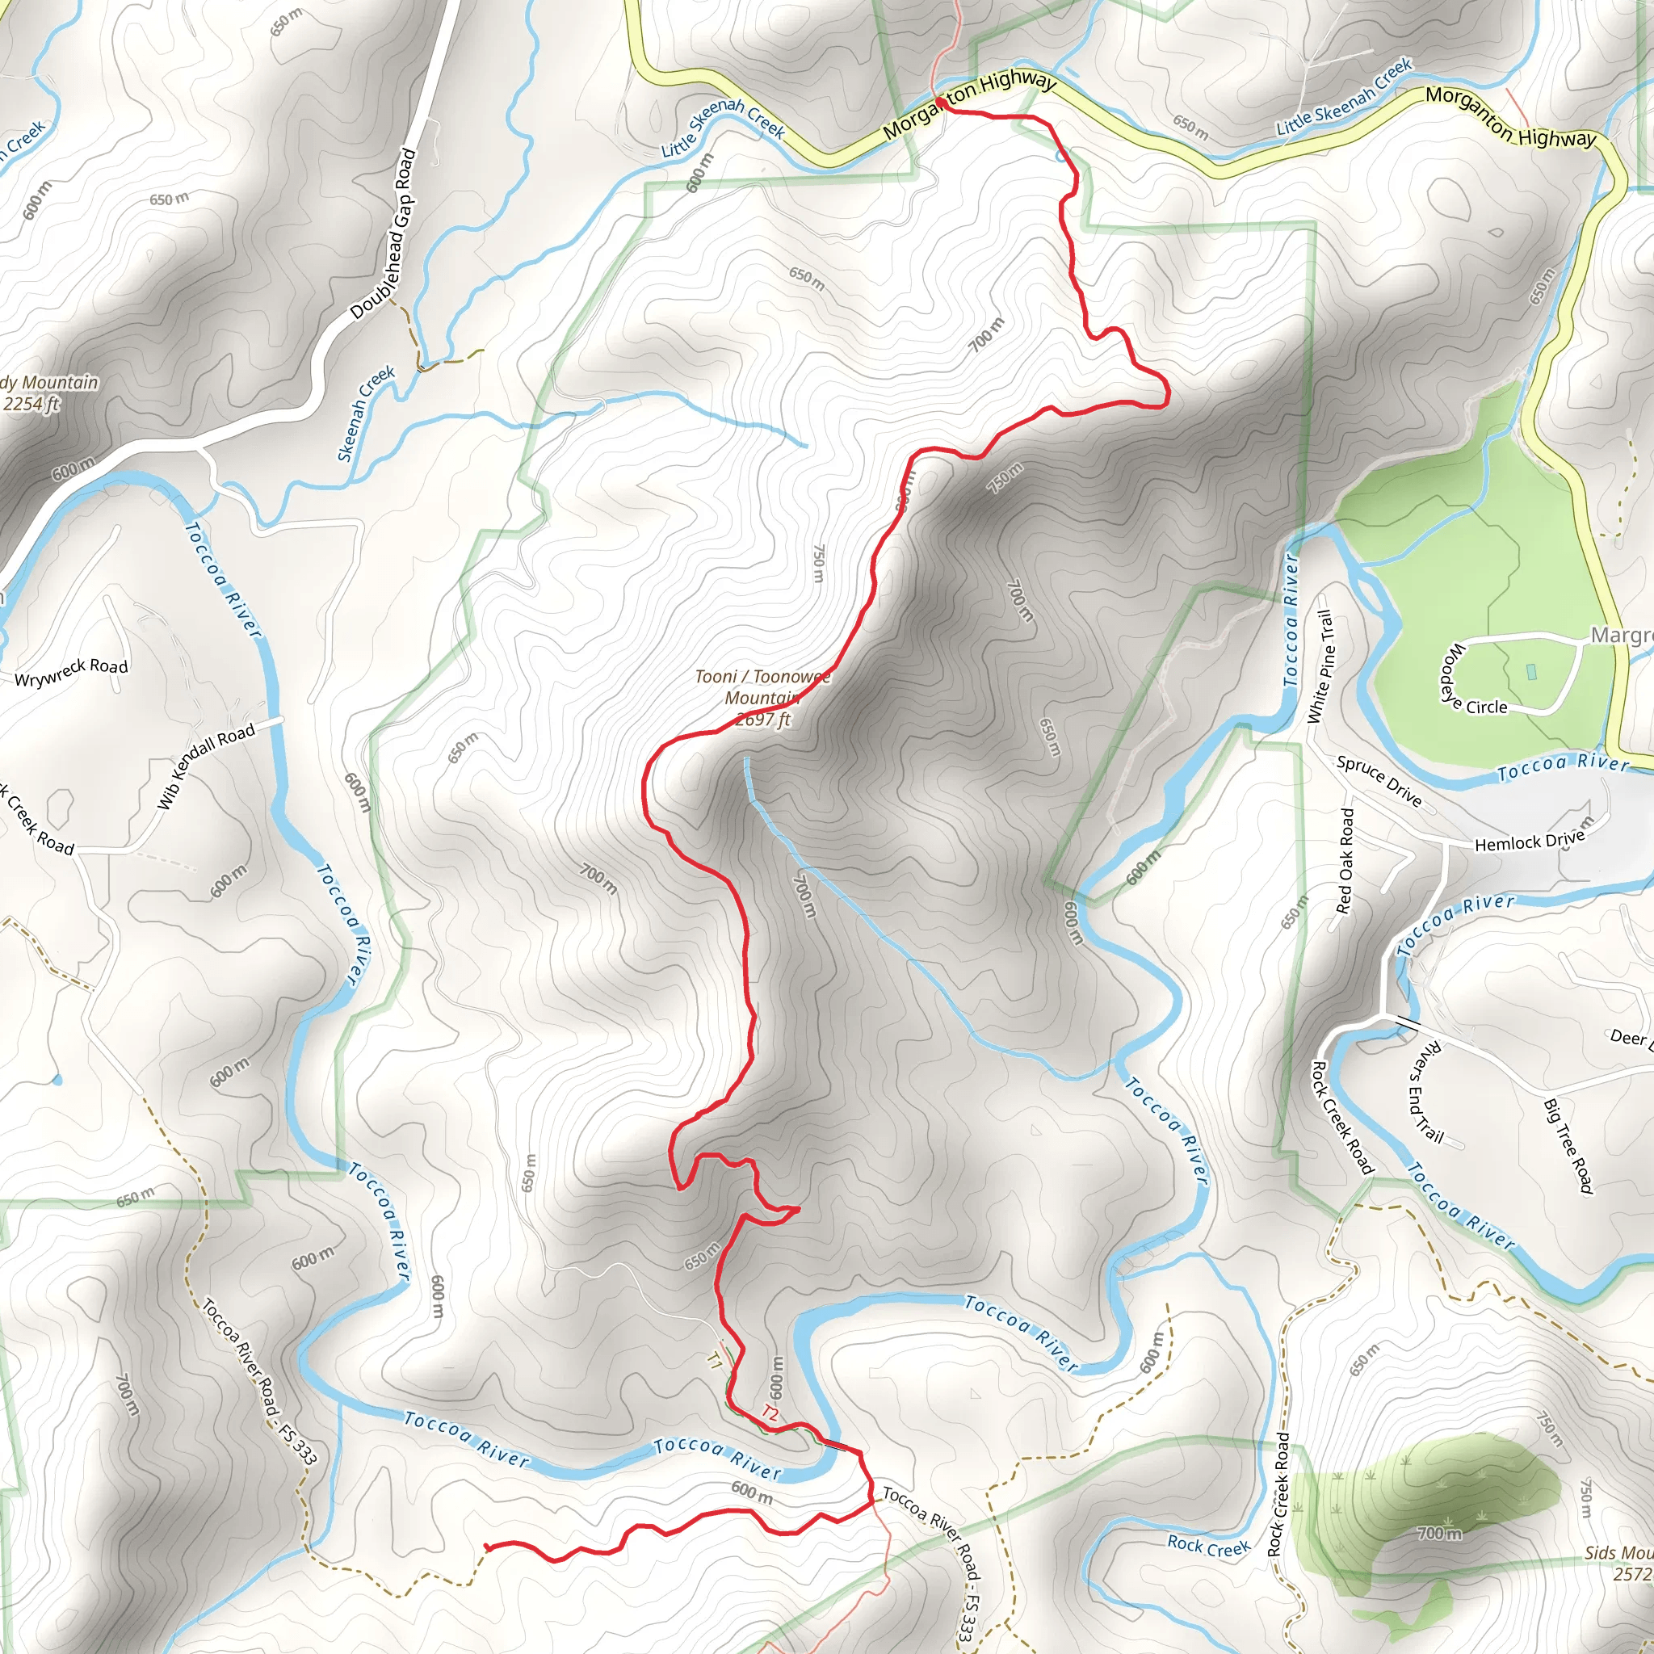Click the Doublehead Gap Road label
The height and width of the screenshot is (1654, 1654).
(384, 233)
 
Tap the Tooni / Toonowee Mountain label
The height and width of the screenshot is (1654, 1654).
(762, 687)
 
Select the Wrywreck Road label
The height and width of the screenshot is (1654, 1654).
(72, 672)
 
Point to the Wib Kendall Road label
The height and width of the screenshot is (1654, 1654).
(206, 766)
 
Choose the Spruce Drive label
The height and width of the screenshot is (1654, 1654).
(1379, 781)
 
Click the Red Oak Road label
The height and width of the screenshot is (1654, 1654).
(1345, 860)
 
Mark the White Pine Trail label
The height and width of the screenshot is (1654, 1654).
(1322, 666)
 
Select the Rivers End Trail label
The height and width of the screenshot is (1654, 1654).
(1426, 1092)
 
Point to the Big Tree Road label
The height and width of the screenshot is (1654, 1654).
(1568, 1145)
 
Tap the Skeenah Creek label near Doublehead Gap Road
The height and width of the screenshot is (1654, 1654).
(367, 413)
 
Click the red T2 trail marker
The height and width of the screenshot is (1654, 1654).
(770, 1413)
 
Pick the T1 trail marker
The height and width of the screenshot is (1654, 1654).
(714, 1361)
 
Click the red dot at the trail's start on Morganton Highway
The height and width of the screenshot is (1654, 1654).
(940, 103)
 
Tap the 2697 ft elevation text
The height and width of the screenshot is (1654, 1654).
(762, 720)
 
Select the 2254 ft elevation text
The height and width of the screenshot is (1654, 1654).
(31, 403)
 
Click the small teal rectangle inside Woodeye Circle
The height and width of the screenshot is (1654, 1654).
(1531, 672)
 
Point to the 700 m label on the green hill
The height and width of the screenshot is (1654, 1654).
(1439, 1532)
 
